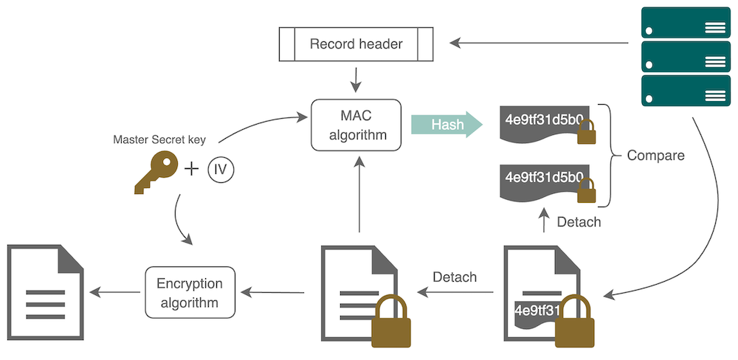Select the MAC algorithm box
[356, 125]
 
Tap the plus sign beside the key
[191, 170]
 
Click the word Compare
[655, 156]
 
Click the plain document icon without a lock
[46, 293]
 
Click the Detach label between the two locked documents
[455, 277]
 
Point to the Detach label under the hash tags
[579, 221]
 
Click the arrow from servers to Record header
[539, 44]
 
